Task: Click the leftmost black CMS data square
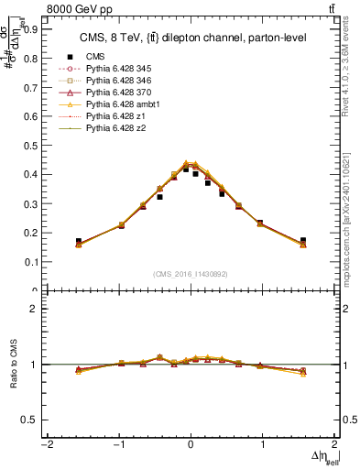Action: pyautogui.click(x=79, y=241)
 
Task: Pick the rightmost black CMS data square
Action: pyautogui.click(x=302, y=241)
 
